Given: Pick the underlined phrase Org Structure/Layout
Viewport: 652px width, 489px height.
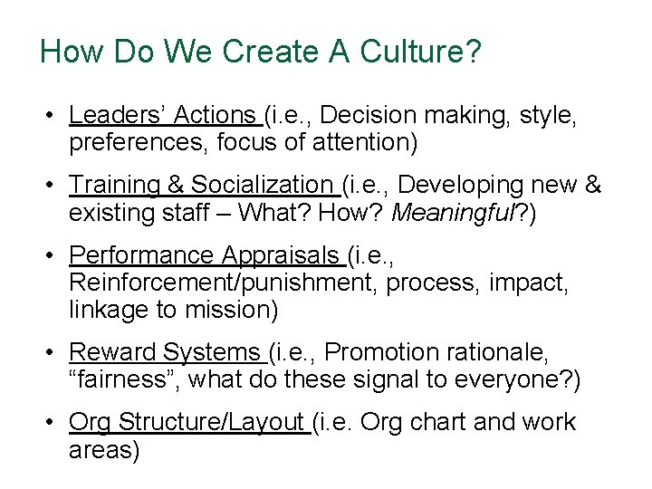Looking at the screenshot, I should (x=187, y=423).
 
